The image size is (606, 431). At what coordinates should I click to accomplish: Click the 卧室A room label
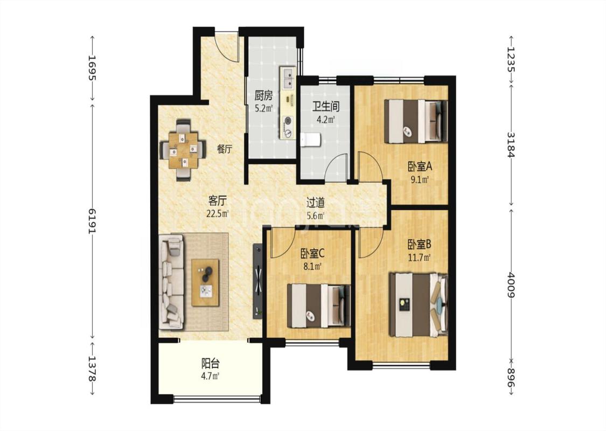(419, 166)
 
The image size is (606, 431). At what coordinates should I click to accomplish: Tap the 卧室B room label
(419, 244)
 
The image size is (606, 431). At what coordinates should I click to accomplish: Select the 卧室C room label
(312, 254)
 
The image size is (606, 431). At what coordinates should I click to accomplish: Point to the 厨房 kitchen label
(263, 95)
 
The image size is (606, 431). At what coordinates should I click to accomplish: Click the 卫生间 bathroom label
(326, 106)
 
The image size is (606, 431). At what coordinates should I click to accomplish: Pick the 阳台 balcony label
(211, 363)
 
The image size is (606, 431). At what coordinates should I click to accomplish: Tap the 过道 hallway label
(315, 202)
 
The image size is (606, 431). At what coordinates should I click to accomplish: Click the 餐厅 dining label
(225, 149)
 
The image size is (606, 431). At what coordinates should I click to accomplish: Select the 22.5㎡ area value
(217, 213)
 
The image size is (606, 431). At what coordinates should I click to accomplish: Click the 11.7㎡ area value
(419, 256)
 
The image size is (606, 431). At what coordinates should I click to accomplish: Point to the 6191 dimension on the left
(92, 221)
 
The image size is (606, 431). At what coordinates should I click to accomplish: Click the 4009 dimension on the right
(511, 285)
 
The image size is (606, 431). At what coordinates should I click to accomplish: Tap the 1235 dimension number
(511, 59)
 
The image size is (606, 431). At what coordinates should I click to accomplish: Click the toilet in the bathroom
(310, 140)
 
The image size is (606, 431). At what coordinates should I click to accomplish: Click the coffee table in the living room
(205, 282)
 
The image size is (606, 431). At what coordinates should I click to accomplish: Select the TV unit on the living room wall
(257, 281)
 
